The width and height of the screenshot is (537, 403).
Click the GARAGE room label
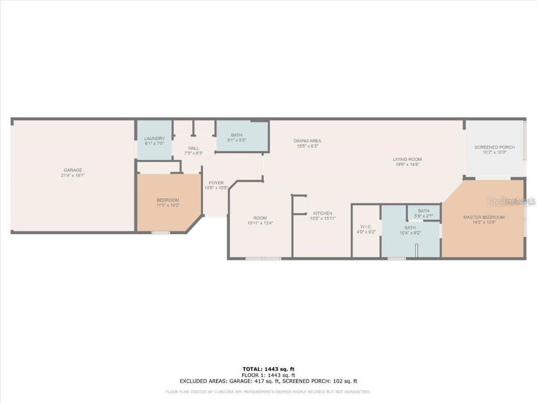(73, 170)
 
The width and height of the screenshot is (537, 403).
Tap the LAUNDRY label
(154, 139)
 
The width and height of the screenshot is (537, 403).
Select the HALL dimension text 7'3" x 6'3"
(194, 153)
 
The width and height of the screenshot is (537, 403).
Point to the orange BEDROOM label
(168, 200)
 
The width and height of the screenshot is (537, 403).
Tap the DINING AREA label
(307, 141)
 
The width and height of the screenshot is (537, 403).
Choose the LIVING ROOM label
(407, 159)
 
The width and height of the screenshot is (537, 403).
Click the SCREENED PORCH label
(494, 147)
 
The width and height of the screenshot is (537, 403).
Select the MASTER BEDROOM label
(484, 217)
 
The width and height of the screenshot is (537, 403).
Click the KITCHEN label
(323, 213)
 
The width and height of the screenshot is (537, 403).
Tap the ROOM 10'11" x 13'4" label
(260, 218)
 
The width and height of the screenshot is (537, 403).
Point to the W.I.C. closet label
(366, 227)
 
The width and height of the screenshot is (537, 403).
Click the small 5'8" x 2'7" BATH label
(423, 211)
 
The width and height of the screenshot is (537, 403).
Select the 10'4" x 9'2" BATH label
(410, 228)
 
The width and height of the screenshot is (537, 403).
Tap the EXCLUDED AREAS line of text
(268, 381)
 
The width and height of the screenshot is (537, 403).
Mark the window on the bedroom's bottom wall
(160, 232)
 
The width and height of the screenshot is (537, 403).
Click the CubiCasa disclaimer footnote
(268, 391)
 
